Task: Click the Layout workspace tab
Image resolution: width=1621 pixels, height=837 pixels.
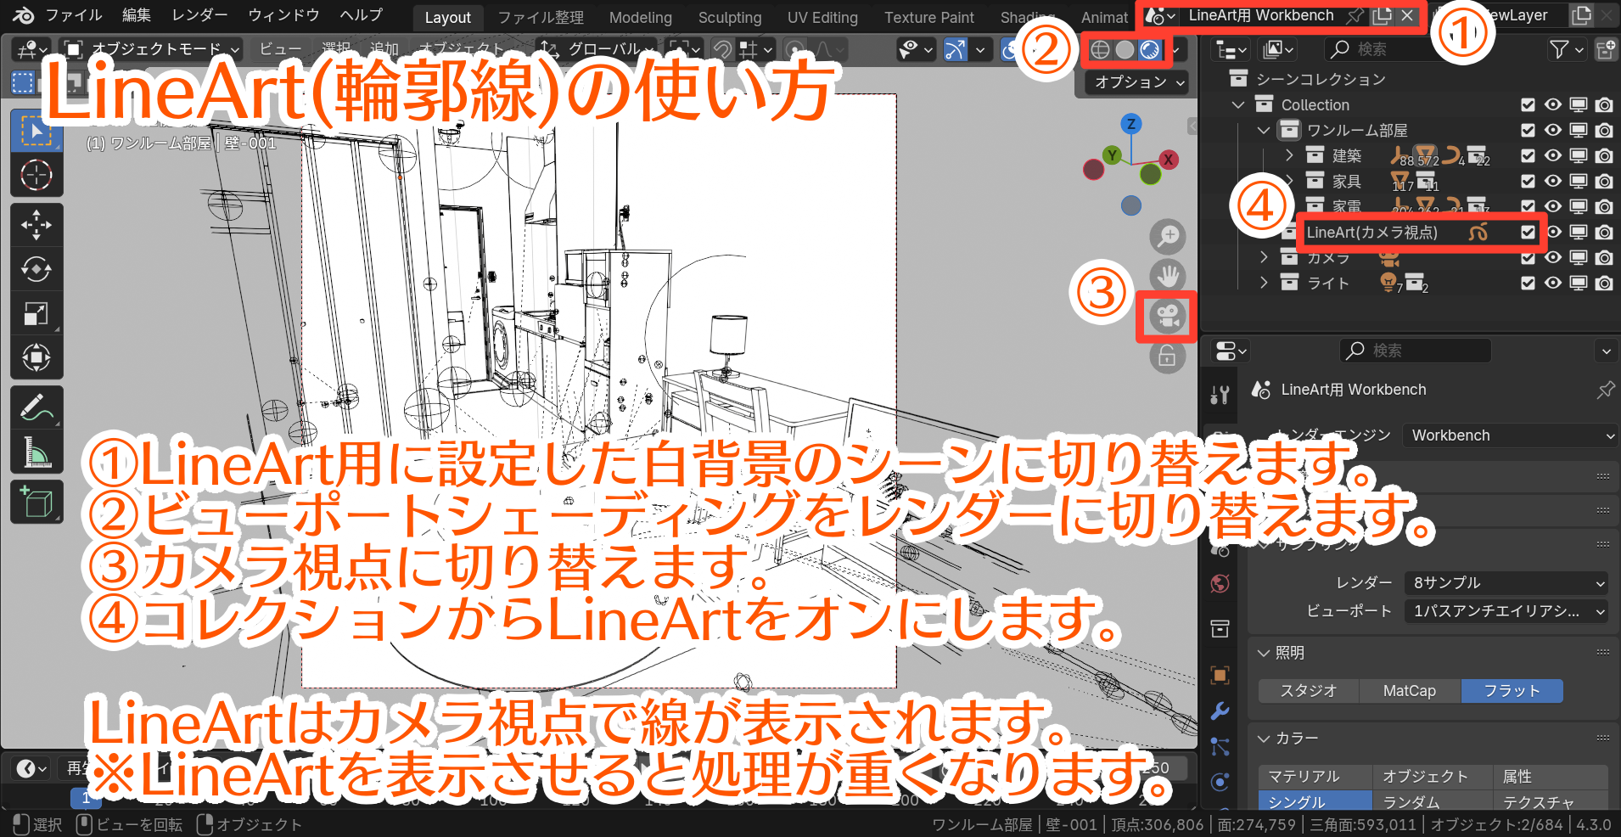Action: (x=447, y=17)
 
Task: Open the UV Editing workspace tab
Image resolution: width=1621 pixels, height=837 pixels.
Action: (x=822, y=17)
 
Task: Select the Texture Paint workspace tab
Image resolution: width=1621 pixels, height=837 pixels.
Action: (x=928, y=17)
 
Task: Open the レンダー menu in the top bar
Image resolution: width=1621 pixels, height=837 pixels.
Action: (x=199, y=15)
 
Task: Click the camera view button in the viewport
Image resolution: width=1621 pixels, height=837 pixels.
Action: (x=1167, y=317)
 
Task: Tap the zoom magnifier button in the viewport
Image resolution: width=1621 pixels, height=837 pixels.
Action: (x=1168, y=236)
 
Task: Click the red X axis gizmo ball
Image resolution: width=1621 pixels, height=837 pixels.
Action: (x=1169, y=159)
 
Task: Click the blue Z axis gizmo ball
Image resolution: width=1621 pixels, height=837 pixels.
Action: (x=1130, y=124)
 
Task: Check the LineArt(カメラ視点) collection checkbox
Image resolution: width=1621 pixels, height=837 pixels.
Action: (x=1528, y=232)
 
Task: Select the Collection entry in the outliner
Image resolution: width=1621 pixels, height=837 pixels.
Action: (x=1315, y=104)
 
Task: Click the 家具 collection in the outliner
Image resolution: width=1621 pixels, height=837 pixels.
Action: (x=1346, y=181)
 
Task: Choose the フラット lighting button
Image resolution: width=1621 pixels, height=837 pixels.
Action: (x=1511, y=691)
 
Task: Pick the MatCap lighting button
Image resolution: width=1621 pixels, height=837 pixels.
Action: (x=1409, y=691)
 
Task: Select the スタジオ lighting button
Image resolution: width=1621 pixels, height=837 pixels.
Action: (x=1308, y=691)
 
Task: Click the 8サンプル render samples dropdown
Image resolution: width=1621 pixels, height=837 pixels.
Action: (x=1506, y=582)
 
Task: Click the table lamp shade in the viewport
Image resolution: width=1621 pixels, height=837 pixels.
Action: (x=728, y=334)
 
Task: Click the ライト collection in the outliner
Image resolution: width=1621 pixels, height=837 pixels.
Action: (x=1327, y=283)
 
